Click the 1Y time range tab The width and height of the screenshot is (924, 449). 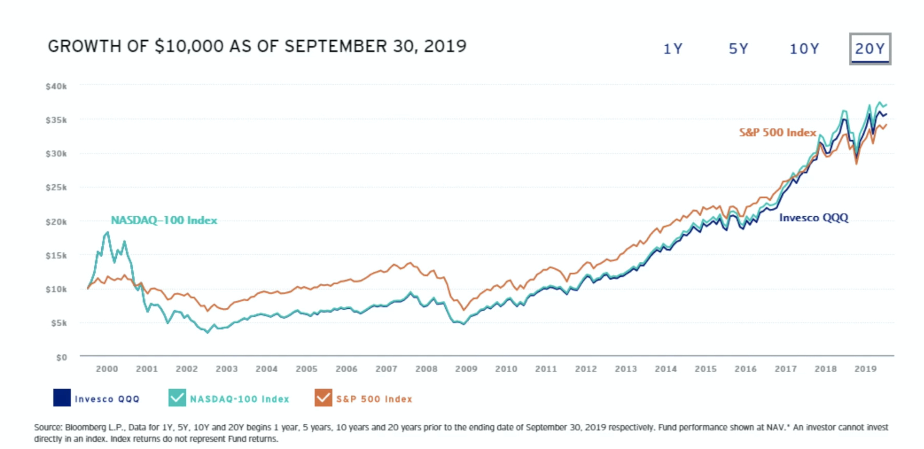pyautogui.click(x=672, y=49)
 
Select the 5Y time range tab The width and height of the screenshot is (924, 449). pyautogui.click(x=738, y=49)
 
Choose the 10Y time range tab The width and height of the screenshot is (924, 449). pyautogui.click(x=804, y=49)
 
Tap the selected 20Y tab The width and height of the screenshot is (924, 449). pyautogui.click(x=870, y=49)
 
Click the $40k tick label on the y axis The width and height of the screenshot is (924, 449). pyautogui.click(x=56, y=86)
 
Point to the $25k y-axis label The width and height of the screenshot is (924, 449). pyautogui.click(x=56, y=188)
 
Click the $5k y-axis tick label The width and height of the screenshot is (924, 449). pyautogui.click(x=59, y=323)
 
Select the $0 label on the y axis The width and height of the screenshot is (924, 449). pyautogui.click(x=61, y=357)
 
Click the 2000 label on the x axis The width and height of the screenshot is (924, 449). pyautogui.click(x=107, y=369)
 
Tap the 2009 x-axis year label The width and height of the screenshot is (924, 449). pyautogui.click(x=466, y=369)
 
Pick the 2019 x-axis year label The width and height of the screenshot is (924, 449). pyautogui.click(x=865, y=369)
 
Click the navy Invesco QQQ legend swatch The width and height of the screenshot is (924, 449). pyautogui.click(x=62, y=398)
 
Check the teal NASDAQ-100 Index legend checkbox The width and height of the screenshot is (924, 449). pyautogui.click(x=177, y=398)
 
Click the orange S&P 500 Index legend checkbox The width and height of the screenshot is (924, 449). pyautogui.click(x=323, y=398)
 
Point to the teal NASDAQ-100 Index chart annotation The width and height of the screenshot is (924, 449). pyautogui.click(x=164, y=220)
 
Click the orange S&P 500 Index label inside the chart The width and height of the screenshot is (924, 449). pyautogui.click(x=777, y=133)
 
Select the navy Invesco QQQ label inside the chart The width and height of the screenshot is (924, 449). pyautogui.click(x=814, y=218)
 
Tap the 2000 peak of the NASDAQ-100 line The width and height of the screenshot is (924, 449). pyautogui.click(x=108, y=232)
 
